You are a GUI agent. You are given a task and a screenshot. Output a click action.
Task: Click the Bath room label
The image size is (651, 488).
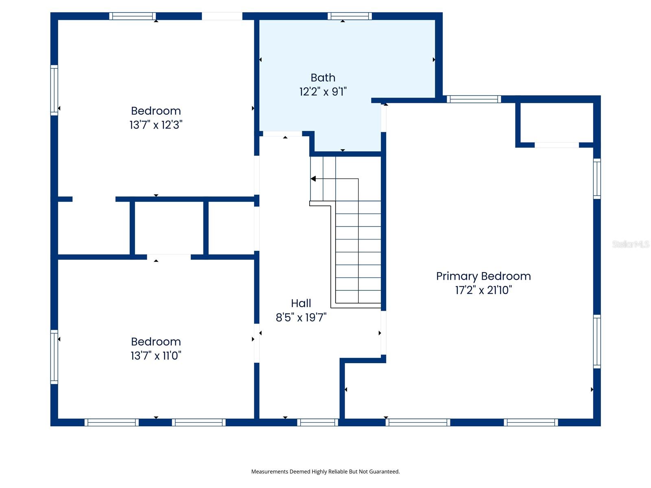[323, 78]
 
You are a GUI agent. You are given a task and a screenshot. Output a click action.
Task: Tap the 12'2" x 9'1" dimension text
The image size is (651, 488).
[323, 92]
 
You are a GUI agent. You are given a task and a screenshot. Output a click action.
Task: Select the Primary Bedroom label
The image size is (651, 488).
[483, 276]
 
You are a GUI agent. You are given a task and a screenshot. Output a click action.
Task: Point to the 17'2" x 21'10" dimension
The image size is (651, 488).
[483, 290]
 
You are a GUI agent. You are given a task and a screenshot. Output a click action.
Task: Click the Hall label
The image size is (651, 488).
[301, 303]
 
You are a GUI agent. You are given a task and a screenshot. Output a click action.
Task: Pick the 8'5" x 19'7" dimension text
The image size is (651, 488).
[301, 318]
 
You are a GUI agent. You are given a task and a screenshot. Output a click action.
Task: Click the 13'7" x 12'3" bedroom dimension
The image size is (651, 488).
[156, 125]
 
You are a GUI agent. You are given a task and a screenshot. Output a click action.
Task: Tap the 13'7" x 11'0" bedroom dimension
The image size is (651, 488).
[156, 356]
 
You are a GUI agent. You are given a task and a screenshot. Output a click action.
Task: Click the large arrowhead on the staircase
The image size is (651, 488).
[313, 179]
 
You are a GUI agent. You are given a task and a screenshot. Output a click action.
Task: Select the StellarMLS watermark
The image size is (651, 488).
[631, 244]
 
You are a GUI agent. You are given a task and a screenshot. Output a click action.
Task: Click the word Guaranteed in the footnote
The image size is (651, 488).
[385, 472]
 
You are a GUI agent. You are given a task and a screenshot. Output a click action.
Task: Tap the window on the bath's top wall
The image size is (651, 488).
[350, 16]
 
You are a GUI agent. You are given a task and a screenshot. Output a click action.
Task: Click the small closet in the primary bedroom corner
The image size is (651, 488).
[557, 123]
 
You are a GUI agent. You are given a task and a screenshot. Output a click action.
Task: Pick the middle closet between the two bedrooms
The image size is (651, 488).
[169, 228]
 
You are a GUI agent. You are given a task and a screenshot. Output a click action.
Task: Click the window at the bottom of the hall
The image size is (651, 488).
[318, 423]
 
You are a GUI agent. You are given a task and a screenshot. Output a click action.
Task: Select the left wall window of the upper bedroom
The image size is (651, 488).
[54, 90]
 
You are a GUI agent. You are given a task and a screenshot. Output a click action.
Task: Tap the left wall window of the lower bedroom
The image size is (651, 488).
[54, 357]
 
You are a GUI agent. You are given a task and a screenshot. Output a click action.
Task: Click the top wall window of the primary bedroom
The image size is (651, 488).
[474, 99]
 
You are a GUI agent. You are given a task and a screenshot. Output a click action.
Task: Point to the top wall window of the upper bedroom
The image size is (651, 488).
[133, 16]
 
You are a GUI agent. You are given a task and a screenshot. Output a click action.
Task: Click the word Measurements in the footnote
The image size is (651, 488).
[269, 472]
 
